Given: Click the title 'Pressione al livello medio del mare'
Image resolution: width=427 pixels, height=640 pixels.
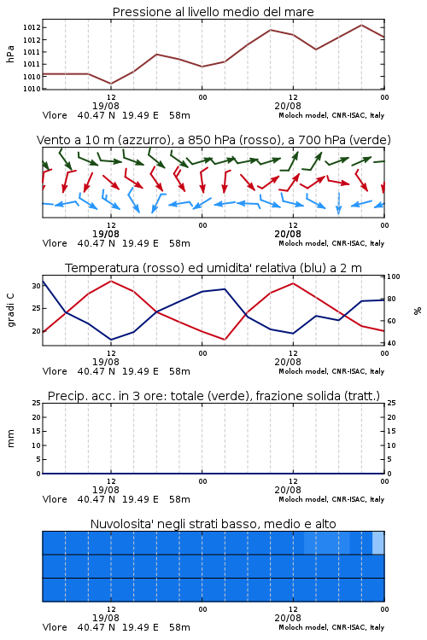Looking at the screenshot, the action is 213,12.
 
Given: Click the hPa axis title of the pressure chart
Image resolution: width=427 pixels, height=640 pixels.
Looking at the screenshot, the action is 10,54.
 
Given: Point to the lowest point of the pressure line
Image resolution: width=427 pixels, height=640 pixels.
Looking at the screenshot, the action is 111,84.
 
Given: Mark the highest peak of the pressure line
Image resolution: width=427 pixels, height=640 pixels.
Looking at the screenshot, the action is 361,25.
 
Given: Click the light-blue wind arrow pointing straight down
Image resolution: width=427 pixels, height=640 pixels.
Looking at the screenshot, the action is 339,203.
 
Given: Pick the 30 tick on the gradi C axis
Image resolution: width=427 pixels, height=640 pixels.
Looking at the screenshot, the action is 36,286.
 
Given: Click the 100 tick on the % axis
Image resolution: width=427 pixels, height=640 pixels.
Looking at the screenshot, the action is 394,276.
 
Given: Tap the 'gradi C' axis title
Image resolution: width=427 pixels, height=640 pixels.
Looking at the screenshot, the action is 10,310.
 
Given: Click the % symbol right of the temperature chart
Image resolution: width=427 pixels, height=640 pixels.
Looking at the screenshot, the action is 418,311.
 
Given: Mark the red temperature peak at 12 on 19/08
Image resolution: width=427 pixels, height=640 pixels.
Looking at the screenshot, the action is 111,281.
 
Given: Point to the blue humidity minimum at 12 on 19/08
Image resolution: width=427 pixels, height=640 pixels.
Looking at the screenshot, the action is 111,340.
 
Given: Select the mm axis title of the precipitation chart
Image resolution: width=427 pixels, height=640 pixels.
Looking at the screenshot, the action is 10,439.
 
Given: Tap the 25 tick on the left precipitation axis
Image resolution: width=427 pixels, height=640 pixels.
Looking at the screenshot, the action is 37,403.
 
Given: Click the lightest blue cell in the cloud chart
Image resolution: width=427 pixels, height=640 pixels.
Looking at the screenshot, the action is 378,543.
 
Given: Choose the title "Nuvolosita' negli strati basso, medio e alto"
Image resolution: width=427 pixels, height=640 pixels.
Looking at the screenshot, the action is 213,524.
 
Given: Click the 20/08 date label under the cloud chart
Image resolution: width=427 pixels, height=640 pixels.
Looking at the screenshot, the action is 288,618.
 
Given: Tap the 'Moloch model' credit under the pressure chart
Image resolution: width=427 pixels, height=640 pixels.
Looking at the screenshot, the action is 303,115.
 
